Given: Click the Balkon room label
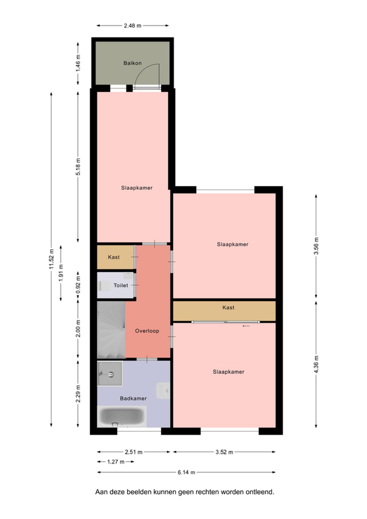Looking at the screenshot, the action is (x=132, y=63).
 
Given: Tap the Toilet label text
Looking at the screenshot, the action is (x=121, y=285).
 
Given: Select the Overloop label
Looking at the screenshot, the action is (x=147, y=331).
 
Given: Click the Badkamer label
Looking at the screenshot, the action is (x=133, y=398).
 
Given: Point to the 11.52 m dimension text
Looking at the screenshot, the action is (x=52, y=259).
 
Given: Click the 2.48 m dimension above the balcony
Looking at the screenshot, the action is (x=132, y=25).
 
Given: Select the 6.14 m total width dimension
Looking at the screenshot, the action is (x=186, y=472).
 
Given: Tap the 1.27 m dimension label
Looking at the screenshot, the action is (x=116, y=461).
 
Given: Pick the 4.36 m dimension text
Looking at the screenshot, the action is (x=316, y=364).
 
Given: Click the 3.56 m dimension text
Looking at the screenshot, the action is (x=316, y=246).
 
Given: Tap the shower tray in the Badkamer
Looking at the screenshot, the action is (x=110, y=374).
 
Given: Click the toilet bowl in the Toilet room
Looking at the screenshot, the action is (x=105, y=286).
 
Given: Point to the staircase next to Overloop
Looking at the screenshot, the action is (x=111, y=330).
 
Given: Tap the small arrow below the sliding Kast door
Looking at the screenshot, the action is (x=246, y=326).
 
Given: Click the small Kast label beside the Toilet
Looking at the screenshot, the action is (x=114, y=257).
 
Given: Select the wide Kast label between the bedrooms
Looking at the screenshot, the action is (x=228, y=307).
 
